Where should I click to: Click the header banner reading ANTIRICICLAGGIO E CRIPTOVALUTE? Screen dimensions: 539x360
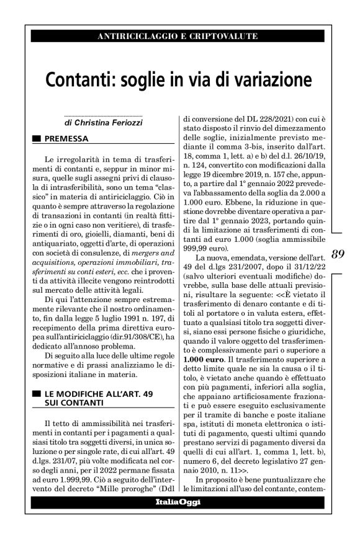(178, 37)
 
